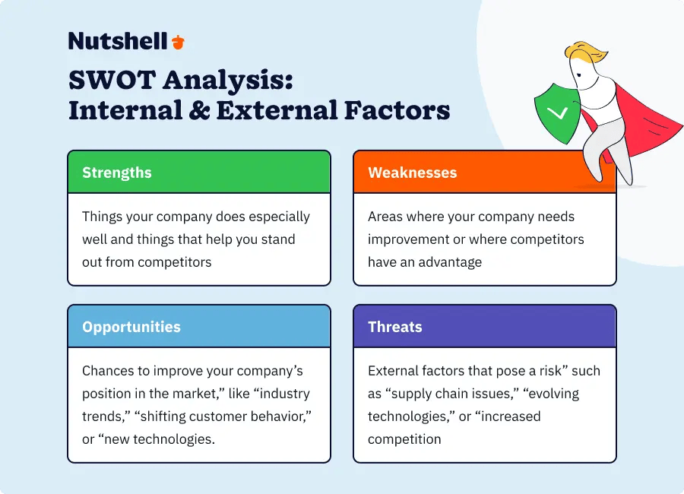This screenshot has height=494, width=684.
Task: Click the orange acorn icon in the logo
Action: point(178,42)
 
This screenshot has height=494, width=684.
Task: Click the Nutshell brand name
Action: point(118,41)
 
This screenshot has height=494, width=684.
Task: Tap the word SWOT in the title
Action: point(112,80)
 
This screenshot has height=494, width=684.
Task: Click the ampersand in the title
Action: point(199,110)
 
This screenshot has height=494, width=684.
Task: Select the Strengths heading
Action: point(117,173)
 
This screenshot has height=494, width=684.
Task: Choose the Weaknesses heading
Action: point(412,173)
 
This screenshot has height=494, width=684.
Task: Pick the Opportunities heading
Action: point(131,327)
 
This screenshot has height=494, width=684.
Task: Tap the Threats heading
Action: point(395,327)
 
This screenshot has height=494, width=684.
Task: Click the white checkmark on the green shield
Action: point(558,113)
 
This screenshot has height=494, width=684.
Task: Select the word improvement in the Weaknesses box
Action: point(408,239)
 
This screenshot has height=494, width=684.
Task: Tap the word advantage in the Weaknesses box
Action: point(450,262)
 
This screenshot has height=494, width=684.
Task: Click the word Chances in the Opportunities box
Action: point(108,371)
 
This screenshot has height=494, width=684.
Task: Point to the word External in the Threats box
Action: point(394,371)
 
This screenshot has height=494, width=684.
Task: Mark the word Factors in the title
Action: point(397,110)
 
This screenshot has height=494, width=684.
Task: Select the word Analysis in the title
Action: point(228,81)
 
